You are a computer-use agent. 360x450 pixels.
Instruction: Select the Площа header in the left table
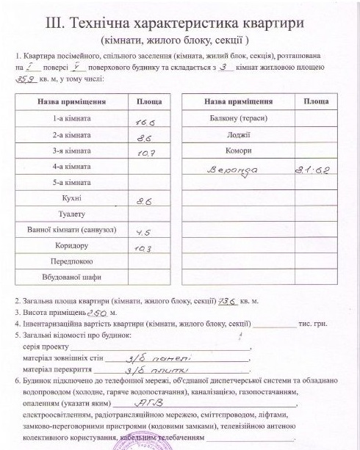(x=149, y=101)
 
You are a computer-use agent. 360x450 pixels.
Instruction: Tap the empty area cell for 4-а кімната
(x=149, y=167)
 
